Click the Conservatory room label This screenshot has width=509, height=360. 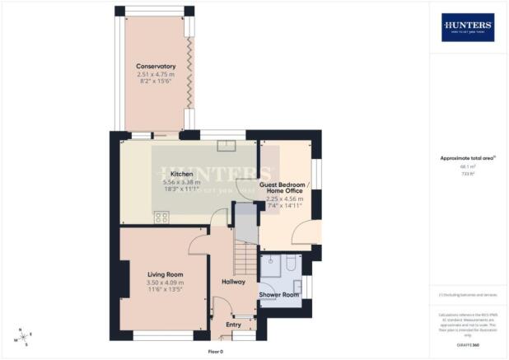point(156,66)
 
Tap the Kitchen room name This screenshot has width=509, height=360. point(181,175)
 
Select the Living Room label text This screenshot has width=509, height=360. point(165,274)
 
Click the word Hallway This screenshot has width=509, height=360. point(233,282)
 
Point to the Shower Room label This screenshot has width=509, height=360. point(278,294)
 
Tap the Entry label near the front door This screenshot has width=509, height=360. point(233,325)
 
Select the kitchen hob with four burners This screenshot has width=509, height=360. point(161,217)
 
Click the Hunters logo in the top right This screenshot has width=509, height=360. point(468,26)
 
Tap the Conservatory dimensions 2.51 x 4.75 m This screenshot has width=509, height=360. point(156,75)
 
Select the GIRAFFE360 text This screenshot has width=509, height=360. point(468,343)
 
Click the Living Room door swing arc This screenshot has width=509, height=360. point(198,243)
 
